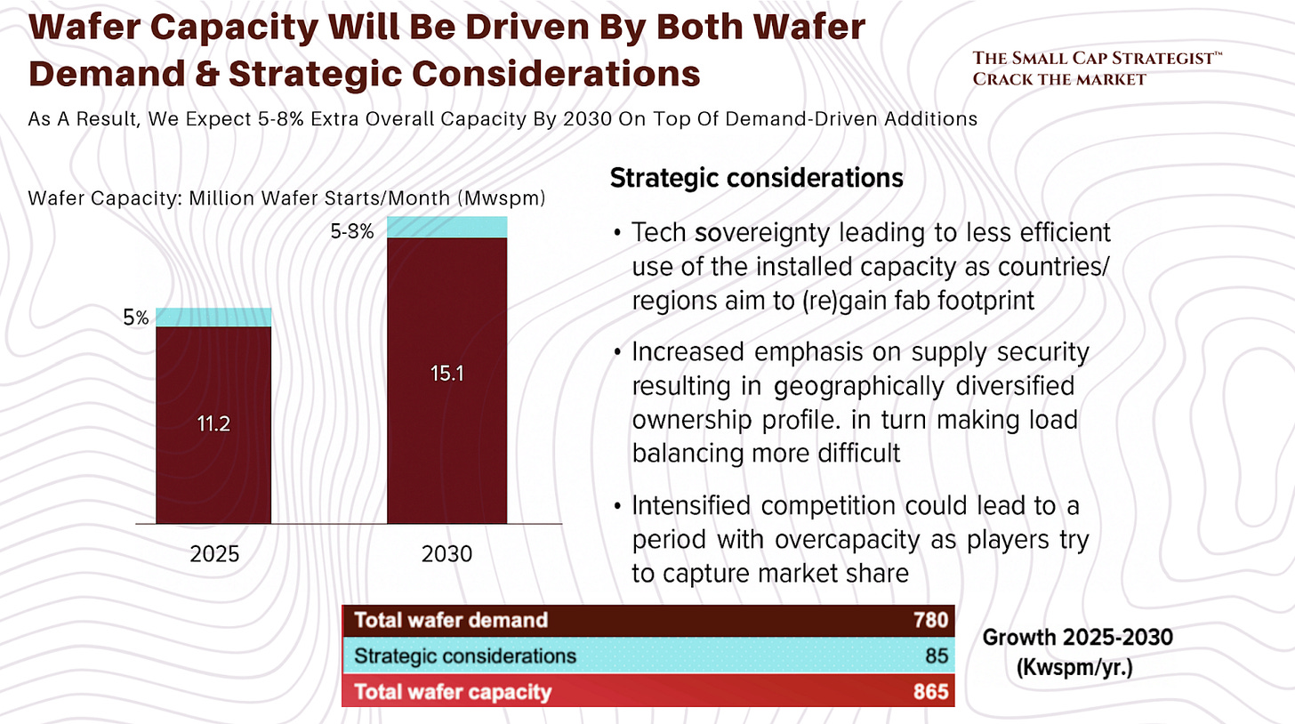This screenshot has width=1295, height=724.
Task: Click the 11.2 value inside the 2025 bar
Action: tap(213, 425)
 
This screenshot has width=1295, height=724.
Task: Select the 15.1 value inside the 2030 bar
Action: tap(446, 374)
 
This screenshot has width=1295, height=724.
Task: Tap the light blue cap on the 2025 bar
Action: tap(213, 318)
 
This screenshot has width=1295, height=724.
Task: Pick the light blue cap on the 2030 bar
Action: tap(446, 227)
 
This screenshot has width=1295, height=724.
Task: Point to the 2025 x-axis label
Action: tap(214, 554)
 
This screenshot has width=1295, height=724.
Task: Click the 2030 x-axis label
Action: tap(446, 554)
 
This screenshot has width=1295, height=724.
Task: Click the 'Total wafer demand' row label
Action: tap(451, 620)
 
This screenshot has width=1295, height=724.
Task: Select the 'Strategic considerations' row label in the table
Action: tap(465, 656)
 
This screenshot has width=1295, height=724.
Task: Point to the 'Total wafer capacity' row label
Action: tap(453, 692)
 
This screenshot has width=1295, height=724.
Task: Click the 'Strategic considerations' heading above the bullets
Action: tap(756, 178)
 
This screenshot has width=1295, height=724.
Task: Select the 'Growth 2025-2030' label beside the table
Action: tap(1066, 637)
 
